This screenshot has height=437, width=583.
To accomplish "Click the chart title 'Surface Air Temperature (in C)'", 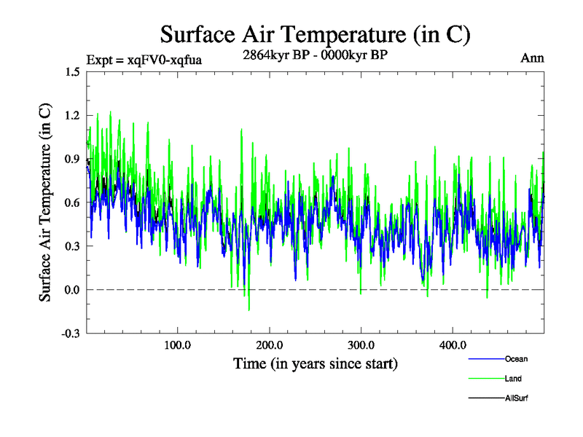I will tap(315, 34).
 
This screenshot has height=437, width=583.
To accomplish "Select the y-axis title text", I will tap(44, 202).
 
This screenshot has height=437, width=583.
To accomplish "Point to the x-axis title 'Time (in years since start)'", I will tap(315, 363).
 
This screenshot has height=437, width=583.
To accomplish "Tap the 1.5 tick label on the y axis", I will tap(71, 72).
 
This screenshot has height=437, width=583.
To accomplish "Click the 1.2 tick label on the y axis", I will tap(71, 116).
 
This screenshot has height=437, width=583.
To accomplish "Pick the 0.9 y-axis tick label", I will tap(71, 159).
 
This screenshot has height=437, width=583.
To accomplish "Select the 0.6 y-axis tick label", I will tap(71, 202).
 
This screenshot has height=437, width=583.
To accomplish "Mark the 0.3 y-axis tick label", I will tap(71, 246).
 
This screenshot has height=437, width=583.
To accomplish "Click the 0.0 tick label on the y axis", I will tap(71, 290).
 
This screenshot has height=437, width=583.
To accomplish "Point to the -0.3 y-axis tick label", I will tap(70, 334).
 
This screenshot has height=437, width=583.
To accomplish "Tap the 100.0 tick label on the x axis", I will tap(178, 345).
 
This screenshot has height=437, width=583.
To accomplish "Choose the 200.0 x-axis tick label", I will tap(270, 345).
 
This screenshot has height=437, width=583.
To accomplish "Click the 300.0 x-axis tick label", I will tap(361, 345).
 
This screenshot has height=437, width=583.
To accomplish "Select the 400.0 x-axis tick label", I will tap(453, 345).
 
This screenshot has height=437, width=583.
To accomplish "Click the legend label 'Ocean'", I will tap(516, 358).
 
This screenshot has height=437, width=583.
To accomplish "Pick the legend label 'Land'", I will tap(514, 379).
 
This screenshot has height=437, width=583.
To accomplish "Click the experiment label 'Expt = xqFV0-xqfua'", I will tap(144, 60).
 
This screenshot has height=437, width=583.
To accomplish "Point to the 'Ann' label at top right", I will tap(532, 58).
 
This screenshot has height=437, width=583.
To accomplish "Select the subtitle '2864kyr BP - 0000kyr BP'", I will tap(315, 54).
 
